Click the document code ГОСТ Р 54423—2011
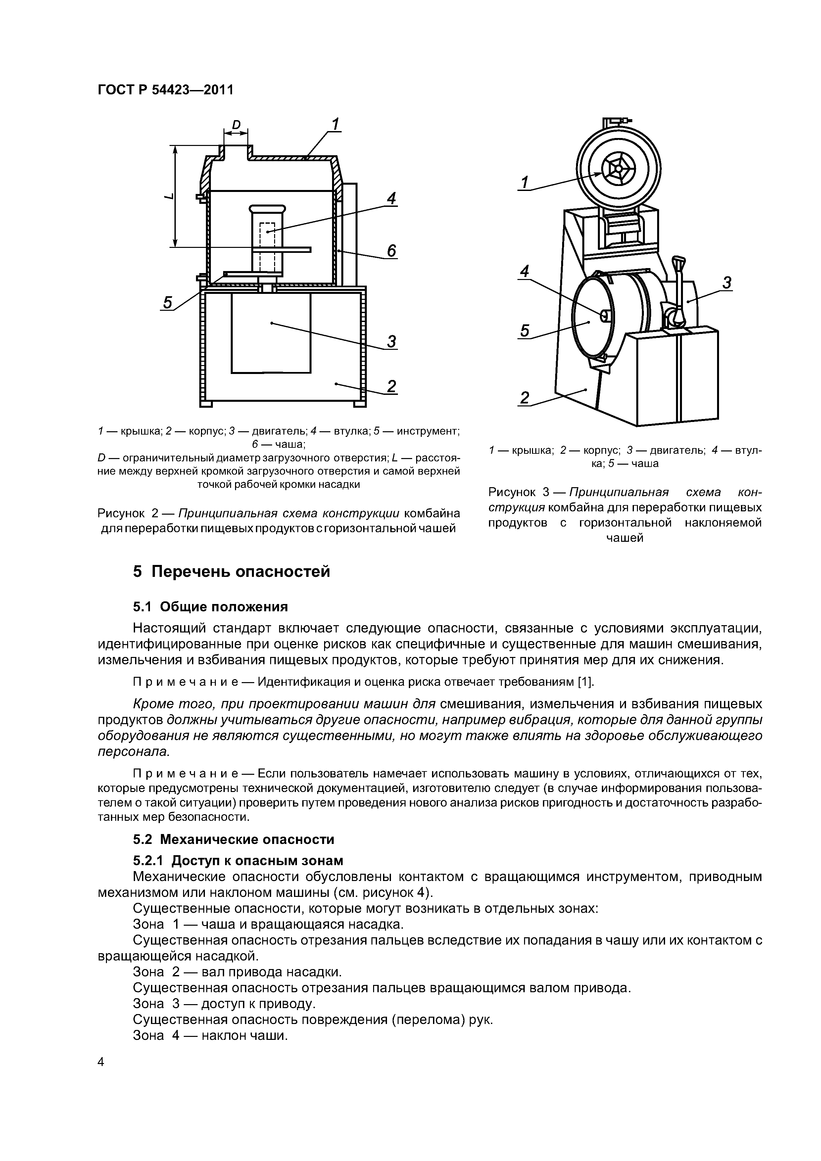pyautogui.click(x=166, y=90)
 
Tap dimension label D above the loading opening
pyautogui.click(x=236, y=124)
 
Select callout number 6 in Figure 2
pyautogui.click(x=392, y=251)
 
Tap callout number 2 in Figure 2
pyautogui.click(x=392, y=386)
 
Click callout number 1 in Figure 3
pyautogui.click(x=525, y=182)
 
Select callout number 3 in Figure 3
pyautogui.click(x=727, y=283)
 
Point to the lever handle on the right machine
pyautogui.click(x=678, y=293)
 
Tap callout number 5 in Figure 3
pyautogui.click(x=525, y=331)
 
